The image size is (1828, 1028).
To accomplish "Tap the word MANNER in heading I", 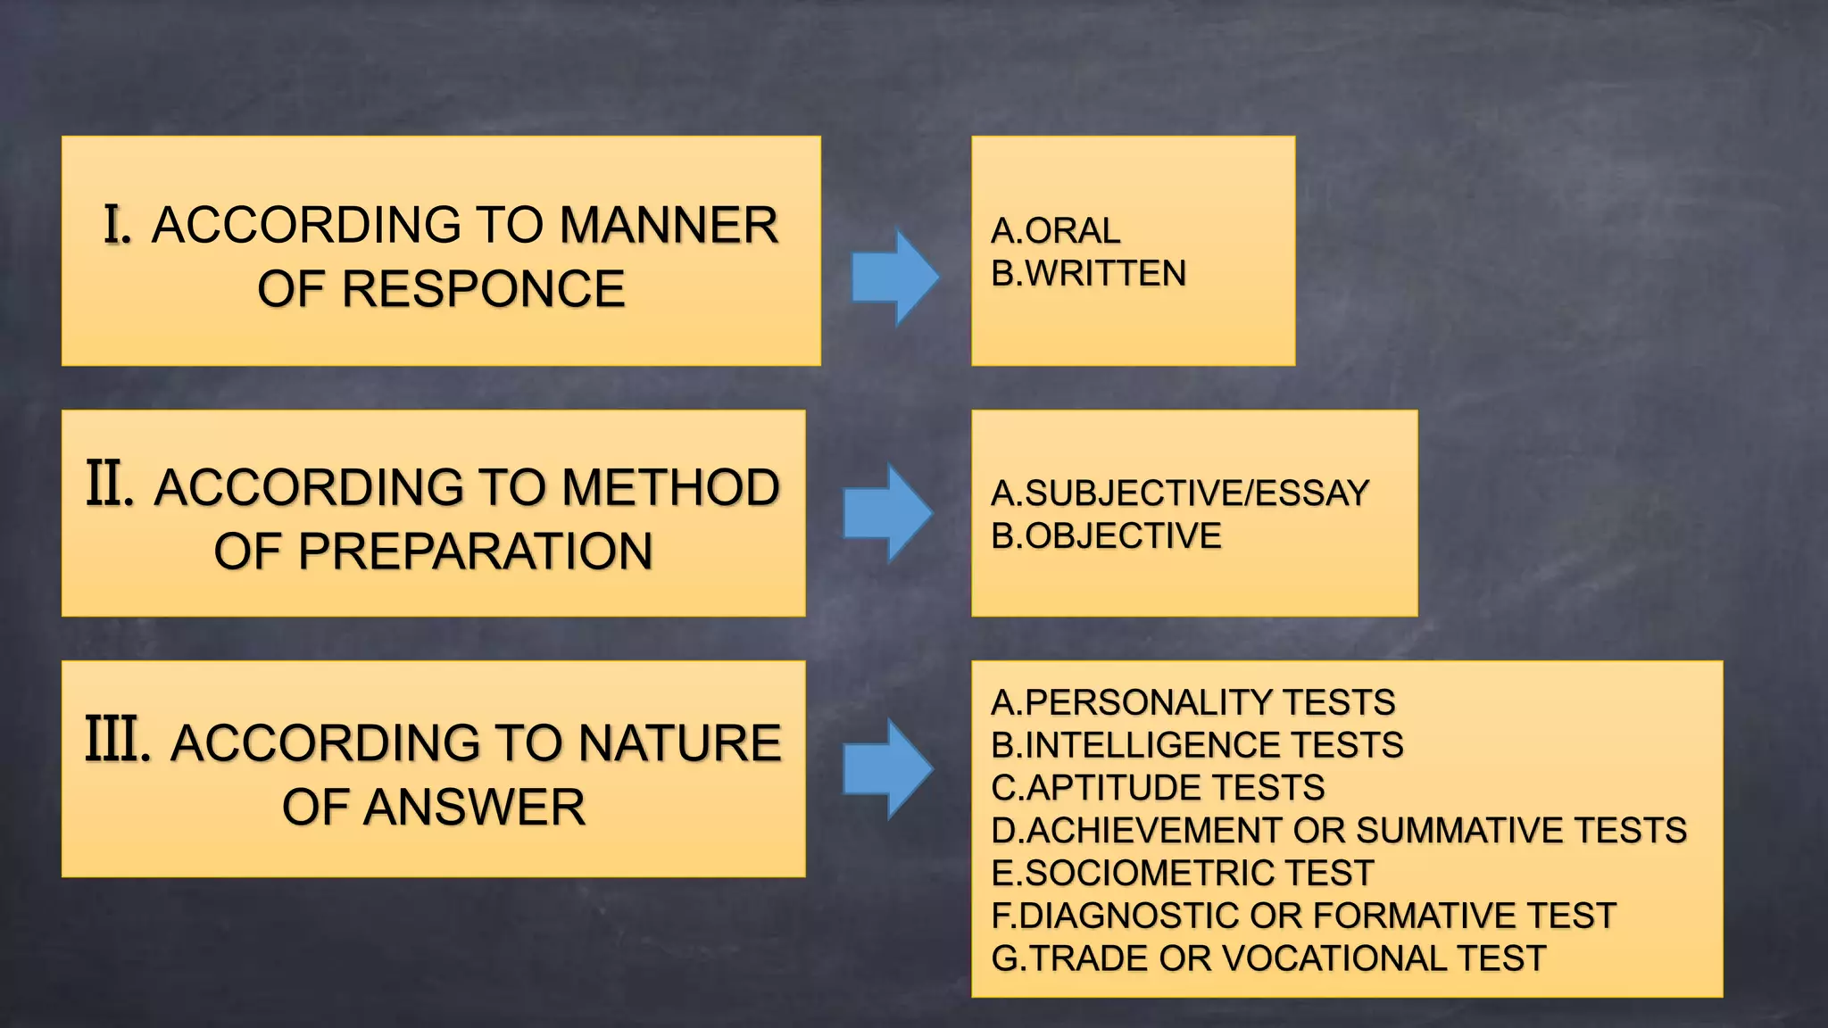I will click(669, 225).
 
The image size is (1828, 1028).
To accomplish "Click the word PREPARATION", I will click(475, 551).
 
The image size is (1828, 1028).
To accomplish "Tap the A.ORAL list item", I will click(1055, 231).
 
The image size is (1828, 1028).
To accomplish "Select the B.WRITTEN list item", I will click(1088, 273).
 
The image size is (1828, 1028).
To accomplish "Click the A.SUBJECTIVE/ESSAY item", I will click(1179, 493).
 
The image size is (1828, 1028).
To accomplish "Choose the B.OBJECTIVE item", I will click(1106, 536).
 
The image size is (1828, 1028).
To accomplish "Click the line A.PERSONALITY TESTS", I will click(1192, 703).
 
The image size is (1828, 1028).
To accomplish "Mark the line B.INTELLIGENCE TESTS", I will click(1197, 745).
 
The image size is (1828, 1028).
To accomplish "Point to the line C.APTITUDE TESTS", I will click(1158, 788).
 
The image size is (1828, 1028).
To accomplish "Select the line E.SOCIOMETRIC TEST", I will click(1182, 873).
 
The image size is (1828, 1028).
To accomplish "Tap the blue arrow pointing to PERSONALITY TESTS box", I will click(887, 768).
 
